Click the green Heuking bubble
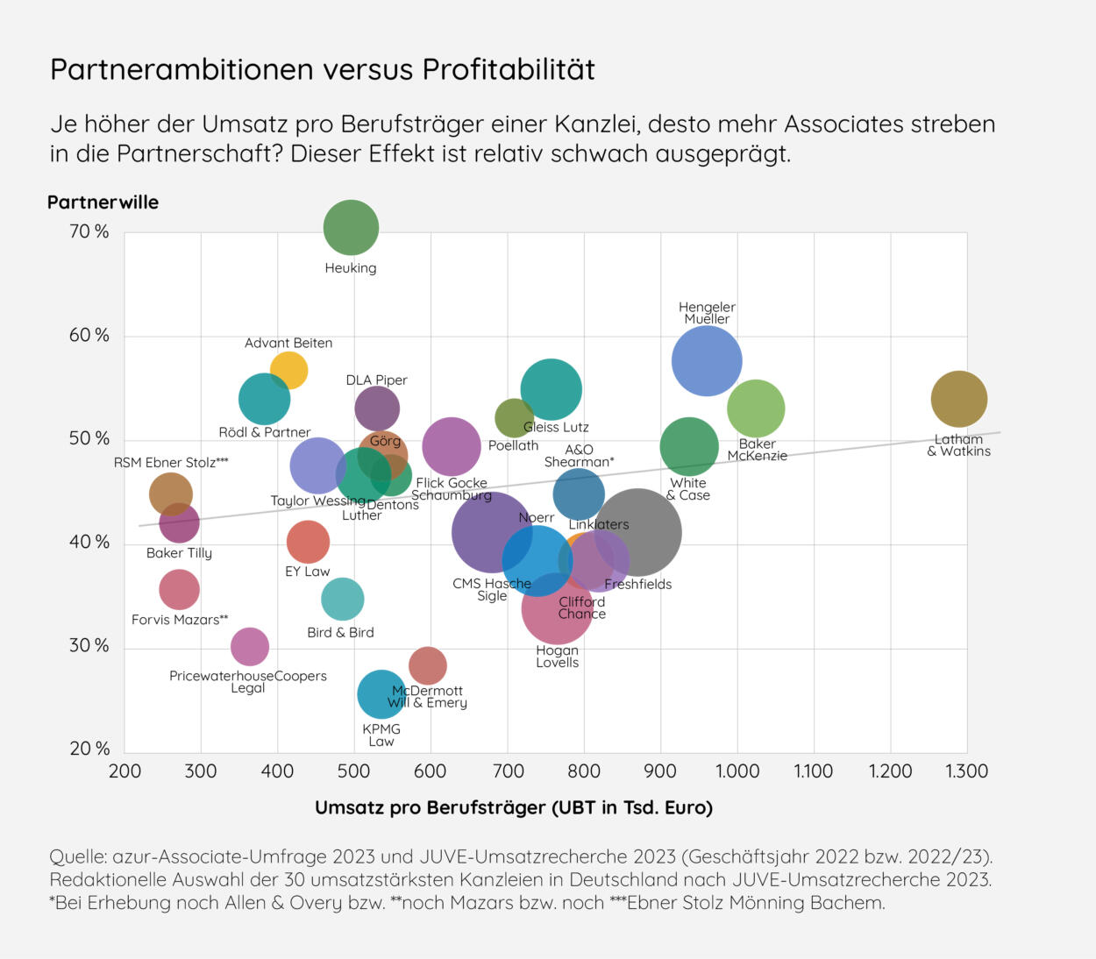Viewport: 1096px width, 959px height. coord(351,228)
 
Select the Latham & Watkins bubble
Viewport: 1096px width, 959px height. coord(958,399)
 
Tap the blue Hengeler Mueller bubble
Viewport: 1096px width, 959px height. coord(707,360)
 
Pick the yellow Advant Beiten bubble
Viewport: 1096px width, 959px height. coord(288,370)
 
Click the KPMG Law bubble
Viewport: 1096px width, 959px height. coord(381,694)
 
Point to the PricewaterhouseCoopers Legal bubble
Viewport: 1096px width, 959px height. coord(250,647)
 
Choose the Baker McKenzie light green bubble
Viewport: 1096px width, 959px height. coord(756,408)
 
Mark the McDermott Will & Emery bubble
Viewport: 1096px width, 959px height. coord(427,665)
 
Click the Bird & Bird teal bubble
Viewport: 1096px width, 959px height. coord(342,599)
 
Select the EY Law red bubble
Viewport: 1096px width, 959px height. coord(308,542)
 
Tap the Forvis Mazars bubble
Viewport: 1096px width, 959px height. coord(179,589)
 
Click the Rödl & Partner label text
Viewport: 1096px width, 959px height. coord(264,432)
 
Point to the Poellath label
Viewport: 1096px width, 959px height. coord(513,445)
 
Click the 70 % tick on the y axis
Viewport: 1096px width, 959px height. coord(89,231)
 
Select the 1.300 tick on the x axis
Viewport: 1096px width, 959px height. coord(966,771)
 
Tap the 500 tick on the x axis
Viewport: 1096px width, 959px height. coord(354,771)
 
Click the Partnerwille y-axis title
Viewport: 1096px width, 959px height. coord(103,202)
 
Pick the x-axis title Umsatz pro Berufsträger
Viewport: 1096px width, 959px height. coord(513,807)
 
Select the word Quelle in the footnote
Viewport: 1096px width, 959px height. coord(77,856)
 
